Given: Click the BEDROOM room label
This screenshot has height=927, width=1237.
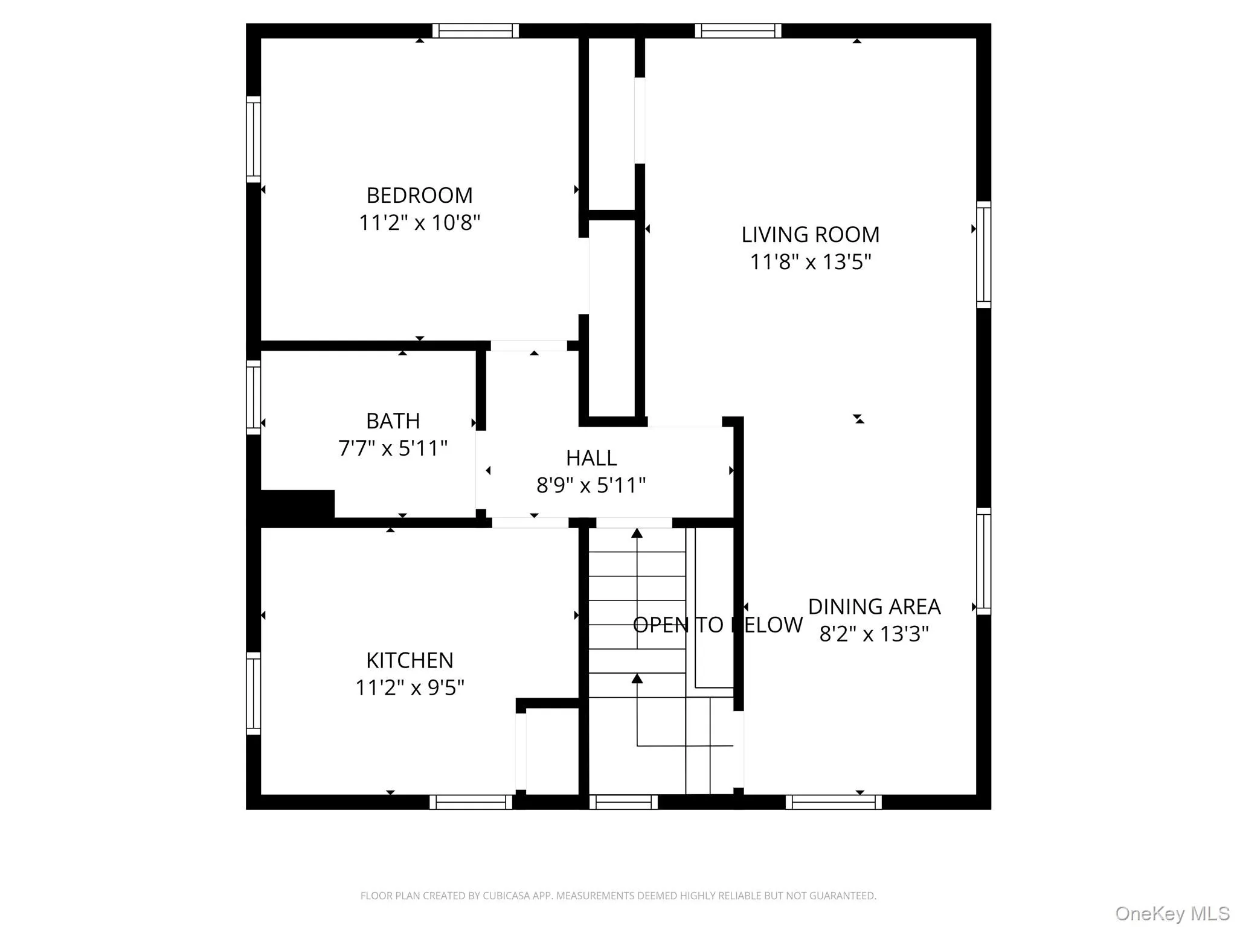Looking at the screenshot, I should coord(419,196).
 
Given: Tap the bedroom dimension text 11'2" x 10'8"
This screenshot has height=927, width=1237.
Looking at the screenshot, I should coord(419,223).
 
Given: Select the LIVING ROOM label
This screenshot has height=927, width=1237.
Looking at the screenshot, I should coord(810,235).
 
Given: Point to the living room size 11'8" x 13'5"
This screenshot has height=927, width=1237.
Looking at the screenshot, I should coord(810,262).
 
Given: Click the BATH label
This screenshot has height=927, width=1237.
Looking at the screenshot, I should coord(393,421).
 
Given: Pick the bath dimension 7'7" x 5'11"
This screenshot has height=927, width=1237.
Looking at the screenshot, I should coord(393,448).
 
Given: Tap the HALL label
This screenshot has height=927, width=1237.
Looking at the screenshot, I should coord(591,458).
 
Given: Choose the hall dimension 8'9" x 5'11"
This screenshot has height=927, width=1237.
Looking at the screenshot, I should coord(591,485).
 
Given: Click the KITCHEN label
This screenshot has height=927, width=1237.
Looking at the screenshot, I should coord(410,660).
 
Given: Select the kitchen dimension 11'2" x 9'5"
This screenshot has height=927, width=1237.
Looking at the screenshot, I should coord(410,687).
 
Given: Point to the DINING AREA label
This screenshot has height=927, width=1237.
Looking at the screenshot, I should coord(874,607).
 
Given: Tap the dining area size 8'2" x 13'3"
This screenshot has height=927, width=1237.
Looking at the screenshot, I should coord(874,634).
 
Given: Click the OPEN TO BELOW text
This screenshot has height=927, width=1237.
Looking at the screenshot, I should coord(717,625).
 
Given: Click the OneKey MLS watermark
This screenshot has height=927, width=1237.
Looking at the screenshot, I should coord(1172,914).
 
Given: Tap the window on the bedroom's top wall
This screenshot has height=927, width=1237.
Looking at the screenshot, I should coord(475,31).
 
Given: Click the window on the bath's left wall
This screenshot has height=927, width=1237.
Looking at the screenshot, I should coord(254,397).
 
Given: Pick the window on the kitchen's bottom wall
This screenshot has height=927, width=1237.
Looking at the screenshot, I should coord(471,802).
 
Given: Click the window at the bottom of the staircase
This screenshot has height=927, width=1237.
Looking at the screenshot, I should coord(623,802).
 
